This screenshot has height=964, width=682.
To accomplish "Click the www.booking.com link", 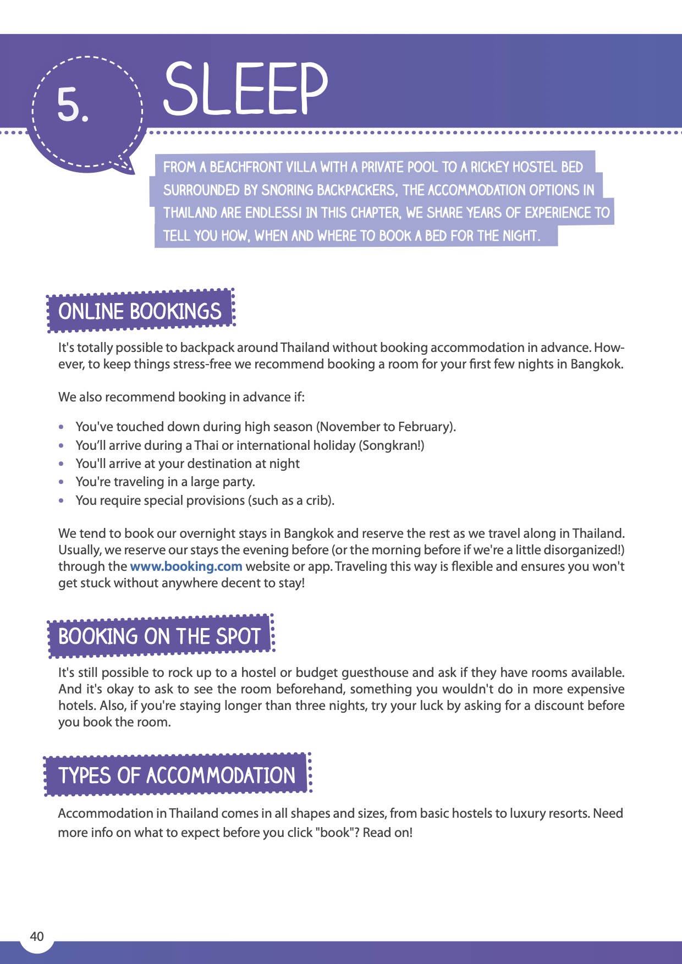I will click(186, 566).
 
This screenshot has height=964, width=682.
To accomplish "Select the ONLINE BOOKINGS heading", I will click(140, 311).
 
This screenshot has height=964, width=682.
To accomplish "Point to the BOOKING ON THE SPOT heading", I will click(159, 636).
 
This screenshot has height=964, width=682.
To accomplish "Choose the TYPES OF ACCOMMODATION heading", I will click(177, 775).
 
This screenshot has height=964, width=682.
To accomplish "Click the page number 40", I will click(37, 937).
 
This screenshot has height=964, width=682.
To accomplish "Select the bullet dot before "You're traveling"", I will click(62, 482).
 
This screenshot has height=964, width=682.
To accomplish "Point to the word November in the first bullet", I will click(349, 427).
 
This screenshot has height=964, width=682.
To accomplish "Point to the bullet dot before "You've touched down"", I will click(62, 427).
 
